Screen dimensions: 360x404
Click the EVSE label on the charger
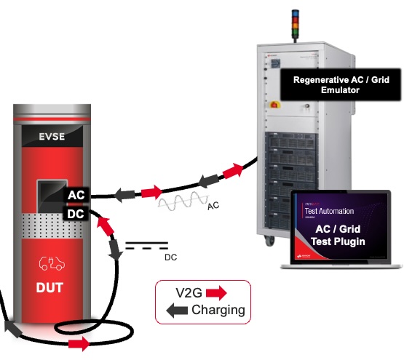pos(53,136)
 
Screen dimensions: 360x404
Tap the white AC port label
pos(76,196)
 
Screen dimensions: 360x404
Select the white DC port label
pos(76,215)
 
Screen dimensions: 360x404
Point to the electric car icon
pos(49,263)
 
